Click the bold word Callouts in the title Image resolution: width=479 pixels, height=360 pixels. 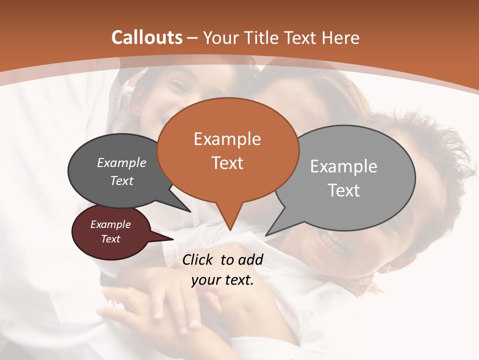(x=147, y=37)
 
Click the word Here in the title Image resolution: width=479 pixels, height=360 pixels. (x=341, y=37)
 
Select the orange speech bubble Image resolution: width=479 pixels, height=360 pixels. (x=228, y=150)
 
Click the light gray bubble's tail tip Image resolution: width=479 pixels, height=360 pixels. (x=266, y=235)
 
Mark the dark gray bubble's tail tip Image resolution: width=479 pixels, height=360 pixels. (x=191, y=211)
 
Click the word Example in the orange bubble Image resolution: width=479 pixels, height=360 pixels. (x=227, y=139)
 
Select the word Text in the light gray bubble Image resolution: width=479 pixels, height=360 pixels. (x=344, y=190)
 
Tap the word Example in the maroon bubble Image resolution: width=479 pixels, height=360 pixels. (x=110, y=224)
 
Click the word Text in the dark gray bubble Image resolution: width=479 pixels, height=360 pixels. (x=121, y=180)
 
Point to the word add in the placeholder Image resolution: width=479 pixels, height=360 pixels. (x=250, y=259)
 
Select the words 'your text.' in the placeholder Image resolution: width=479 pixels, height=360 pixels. (x=223, y=280)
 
